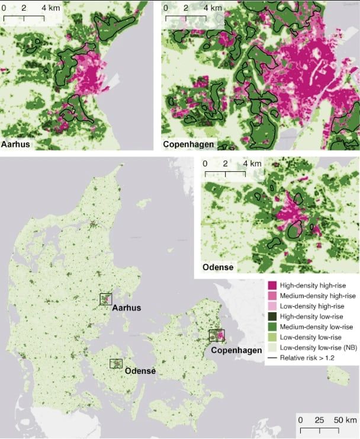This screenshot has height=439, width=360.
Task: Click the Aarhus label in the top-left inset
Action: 17,144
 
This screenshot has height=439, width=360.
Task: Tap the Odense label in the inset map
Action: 218,268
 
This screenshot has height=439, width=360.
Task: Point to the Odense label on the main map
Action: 140,371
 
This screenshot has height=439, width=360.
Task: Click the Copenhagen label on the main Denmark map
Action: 237,351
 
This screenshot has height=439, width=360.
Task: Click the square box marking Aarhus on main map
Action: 106,299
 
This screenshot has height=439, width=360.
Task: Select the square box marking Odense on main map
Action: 117,363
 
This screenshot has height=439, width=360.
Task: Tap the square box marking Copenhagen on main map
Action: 217,335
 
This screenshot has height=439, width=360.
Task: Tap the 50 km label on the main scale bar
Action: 343,420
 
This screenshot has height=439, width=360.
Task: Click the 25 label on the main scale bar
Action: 319,420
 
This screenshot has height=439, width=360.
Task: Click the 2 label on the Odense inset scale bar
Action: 226,164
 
